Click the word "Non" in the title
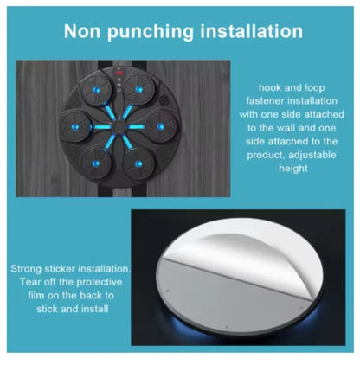click(82, 31)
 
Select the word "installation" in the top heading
click(252, 31)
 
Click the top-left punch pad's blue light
click(96, 90)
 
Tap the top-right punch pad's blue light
click(139, 90)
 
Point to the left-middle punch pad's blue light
click(75, 126)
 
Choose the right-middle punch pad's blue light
click(160, 126)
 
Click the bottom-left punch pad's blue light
click(96, 163)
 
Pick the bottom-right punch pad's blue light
click(138, 163)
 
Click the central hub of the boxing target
click(118, 126)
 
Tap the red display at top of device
click(119, 73)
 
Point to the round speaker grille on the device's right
click(164, 100)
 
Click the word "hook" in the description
click(270, 87)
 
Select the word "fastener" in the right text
click(265, 101)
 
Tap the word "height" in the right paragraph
click(293, 169)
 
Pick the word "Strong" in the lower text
click(26, 269)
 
